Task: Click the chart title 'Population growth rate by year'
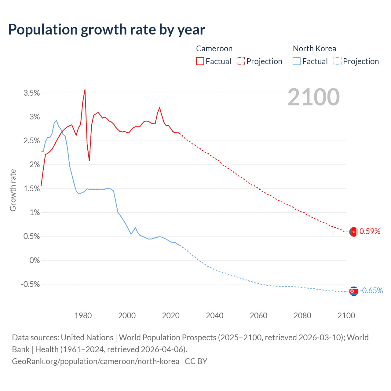point(107,30)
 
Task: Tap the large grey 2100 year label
point(313,97)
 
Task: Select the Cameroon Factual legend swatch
point(200,61)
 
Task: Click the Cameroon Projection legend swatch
point(241,61)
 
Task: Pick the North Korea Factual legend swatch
point(296,61)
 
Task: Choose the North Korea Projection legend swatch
point(337,61)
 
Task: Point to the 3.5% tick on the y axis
point(32,93)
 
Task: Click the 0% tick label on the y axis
point(35,260)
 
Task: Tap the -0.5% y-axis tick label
point(30,284)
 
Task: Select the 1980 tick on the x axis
point(83,316)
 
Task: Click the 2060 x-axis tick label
point(258,316)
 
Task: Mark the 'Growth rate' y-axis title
point(13,190)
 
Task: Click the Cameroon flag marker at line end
point(353,232)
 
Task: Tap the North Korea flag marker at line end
point(353,291)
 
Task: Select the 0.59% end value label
point(370,231)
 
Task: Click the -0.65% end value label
point(371,291)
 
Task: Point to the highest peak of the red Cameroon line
point(85,90)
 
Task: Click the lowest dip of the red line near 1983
point(89,161)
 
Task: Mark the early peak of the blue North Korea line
point(56,120)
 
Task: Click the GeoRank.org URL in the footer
point(95,361)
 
